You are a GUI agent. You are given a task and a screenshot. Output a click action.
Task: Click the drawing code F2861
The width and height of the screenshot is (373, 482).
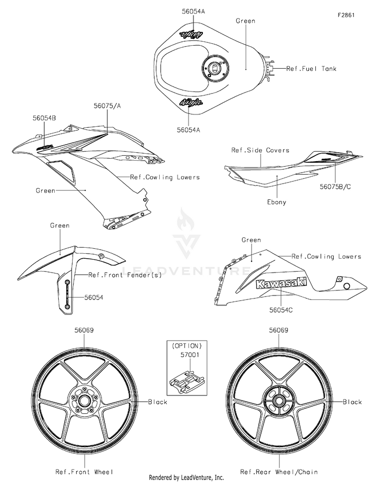coord(346,15)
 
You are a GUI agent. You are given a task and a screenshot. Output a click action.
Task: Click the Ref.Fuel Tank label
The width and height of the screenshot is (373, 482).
coord(311,69)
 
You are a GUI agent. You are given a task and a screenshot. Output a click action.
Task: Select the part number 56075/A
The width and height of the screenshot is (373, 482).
coord(107,106)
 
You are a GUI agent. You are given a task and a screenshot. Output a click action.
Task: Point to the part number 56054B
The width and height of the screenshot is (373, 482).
coord(44,118)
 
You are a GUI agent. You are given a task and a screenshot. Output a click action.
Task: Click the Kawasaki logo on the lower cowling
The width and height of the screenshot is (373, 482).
coord(281,283)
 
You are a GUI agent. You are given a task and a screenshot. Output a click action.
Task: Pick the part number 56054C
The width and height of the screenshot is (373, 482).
coord(281,310)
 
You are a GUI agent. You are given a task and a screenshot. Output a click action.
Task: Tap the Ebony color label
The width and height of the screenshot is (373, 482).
coord(277,202)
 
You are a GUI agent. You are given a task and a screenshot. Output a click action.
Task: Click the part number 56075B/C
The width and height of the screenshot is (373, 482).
coord(335,187)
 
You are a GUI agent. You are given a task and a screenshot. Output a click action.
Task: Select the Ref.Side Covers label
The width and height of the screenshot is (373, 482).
coord(260,150)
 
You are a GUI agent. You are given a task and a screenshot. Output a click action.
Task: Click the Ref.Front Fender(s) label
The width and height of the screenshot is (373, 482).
coord(125,275)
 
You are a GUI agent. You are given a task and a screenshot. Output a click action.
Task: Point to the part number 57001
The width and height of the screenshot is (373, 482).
coord(189,355)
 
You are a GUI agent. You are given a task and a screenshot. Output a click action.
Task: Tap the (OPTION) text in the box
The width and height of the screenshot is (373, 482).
coord(187,346)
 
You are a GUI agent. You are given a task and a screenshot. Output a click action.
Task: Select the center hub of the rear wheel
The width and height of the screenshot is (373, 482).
coord(279,400)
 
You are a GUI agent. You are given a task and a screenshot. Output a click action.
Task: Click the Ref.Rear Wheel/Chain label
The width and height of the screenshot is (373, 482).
coord(279,472)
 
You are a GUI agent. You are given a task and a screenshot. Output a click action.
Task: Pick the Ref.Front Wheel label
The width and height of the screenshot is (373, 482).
coord(84,472)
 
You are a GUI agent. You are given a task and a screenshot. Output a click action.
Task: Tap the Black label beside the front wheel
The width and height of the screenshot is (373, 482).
coord(158,402)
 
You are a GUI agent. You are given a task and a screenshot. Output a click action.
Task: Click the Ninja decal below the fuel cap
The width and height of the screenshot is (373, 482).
coord(191,103)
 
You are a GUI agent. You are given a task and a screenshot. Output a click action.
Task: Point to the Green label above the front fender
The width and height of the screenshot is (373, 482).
coord(60,225)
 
